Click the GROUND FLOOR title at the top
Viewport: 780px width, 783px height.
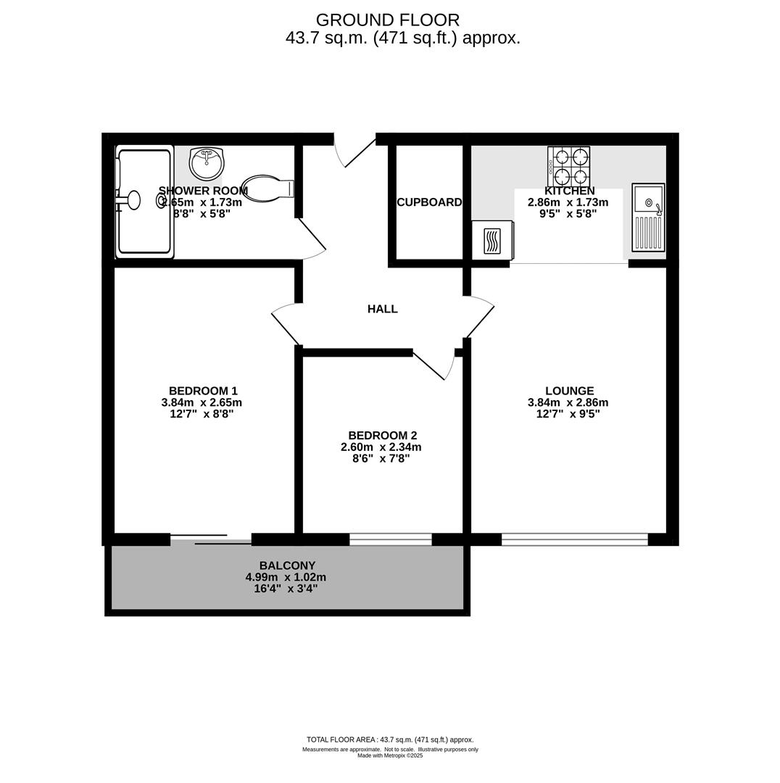[x=387, y=20]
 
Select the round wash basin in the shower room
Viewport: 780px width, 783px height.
[x=207, y=163]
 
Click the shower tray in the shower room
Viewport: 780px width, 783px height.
[x=144, y=201]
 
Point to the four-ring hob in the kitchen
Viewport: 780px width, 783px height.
[x=570, y=167]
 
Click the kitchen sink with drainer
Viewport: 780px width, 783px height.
[x=648, y=217]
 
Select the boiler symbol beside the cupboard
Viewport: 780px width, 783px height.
[x=492, y=240]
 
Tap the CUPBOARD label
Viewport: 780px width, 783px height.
[x=429, y=202]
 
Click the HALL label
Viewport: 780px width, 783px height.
[x=382, y=309]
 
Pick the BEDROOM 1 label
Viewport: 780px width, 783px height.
[x=203, y=391]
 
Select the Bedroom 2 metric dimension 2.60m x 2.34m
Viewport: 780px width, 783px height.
[x=381, y=447]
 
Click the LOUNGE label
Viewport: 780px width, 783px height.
[x=569, y=391]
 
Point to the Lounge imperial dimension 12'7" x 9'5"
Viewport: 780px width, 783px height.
[x=568, y=414]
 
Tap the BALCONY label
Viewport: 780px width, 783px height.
[x=287, y=565]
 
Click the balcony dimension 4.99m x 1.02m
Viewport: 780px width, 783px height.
[x=286, y=577]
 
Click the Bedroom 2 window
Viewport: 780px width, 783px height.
[x=391, y=539]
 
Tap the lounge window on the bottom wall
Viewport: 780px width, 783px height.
[x=574, y=539]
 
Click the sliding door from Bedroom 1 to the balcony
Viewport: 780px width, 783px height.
[x=211, y=539]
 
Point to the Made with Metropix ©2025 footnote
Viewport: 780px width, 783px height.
[x=390, y=755]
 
